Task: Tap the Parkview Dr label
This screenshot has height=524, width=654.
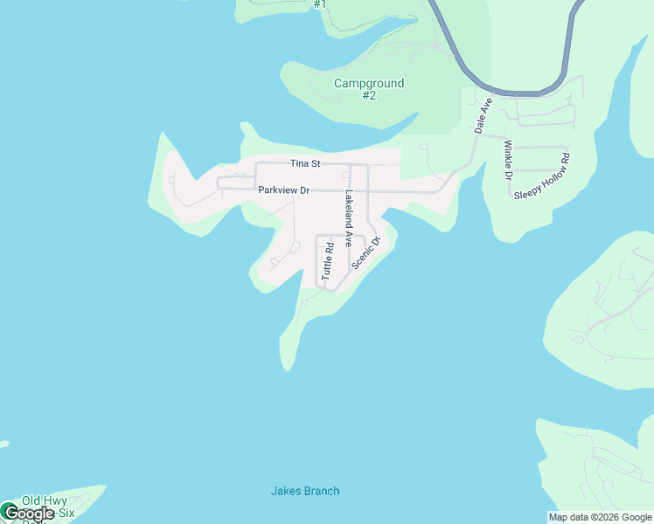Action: [x=283, y=190]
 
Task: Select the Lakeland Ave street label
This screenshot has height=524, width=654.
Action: [x=349, y=217]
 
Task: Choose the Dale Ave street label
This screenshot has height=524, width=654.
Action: [x=484, y=116]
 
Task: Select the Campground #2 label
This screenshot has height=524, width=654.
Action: [x=369, y=89]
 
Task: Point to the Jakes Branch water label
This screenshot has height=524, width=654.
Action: [x=304, y=491]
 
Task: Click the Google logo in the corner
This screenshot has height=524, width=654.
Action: [x=28, y=514]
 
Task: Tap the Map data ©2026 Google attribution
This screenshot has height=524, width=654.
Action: [x=600, y=517]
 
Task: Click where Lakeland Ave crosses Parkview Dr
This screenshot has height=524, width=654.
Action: [x=351, y=190]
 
